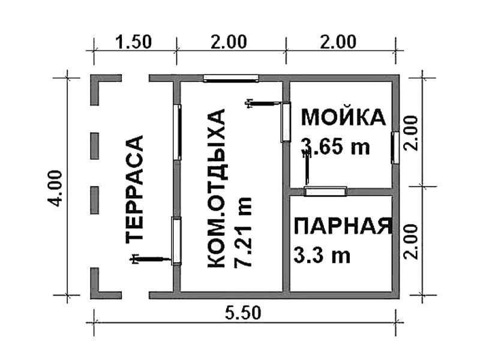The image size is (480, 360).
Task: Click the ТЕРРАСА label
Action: pos(134,189)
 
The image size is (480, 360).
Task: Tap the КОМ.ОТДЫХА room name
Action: pos(217,188)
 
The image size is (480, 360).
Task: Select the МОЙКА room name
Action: pos(343,117)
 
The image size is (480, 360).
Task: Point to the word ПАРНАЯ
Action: pos(343,226)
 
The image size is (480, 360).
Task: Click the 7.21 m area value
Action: pos(242,232)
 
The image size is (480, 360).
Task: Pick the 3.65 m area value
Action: pos(335,146)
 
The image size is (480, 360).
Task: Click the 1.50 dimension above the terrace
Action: pos(133,42)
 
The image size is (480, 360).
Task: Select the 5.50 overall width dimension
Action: pos(244,313)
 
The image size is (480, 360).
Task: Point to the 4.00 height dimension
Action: pos(55,188)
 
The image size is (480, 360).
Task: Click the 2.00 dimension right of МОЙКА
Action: pos(411,133)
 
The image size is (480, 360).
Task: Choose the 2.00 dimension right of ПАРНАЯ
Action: pos(411,242)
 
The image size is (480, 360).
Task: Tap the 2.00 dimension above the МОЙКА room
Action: pos(338,42)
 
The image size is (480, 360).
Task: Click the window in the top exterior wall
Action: pos(231,79)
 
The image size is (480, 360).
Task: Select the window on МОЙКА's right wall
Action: pos(395,148)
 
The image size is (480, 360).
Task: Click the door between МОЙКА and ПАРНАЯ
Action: pos(325,191)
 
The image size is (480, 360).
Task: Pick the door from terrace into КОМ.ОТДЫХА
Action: pos(176,241)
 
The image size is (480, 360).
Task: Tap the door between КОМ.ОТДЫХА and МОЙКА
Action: pos(286,122)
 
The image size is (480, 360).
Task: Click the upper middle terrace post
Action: pos(95,146)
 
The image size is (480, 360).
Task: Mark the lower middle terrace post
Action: pos(95,200)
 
